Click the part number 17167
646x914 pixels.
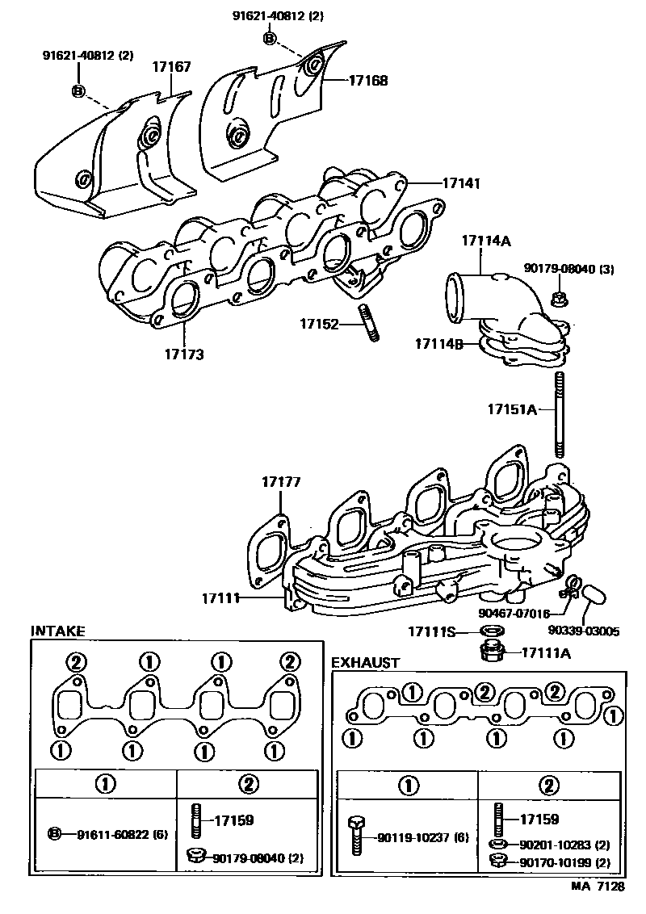click(x=172, y=67)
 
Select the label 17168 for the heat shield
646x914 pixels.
click(x=368, y=80)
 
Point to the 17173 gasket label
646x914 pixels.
click(x=184, y=354)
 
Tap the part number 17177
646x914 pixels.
click(x=281, y=482)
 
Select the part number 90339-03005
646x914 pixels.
click(x=583, y=631)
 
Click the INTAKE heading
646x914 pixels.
click(x=57, y=631)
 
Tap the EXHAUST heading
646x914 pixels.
click(x=366, y=663)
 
